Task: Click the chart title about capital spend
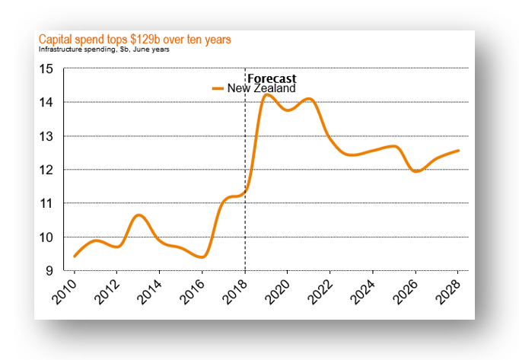[x=135, y=39]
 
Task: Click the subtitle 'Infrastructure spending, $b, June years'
[x=103, y=49]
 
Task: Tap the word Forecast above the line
[x=272, y=78]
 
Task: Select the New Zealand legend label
[x=268, y=89]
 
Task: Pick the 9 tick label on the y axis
[x=50, y=271]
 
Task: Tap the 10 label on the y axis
[x=47, y=237]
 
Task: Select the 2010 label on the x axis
[x=68, y=291]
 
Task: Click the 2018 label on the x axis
[x=239, y=291]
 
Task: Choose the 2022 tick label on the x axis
[x=325, y=291]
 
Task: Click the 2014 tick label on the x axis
[x=154, y=291]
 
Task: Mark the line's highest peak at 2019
[x=267, y=94]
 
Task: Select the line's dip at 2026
[x=416, y=171]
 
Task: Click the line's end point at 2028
[x=458, y=151]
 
